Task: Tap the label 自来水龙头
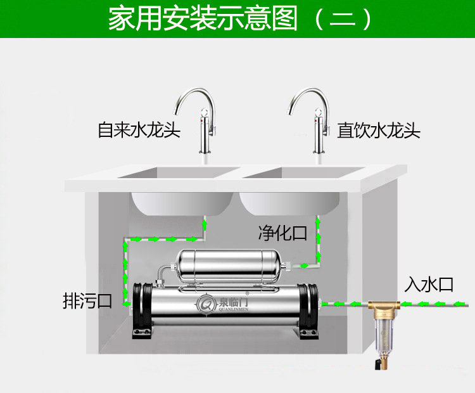coord(139,131)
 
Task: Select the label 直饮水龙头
coord(379,131)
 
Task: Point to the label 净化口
coord(282,233)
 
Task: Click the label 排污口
coord(87,300)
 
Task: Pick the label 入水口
coord(429,285)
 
